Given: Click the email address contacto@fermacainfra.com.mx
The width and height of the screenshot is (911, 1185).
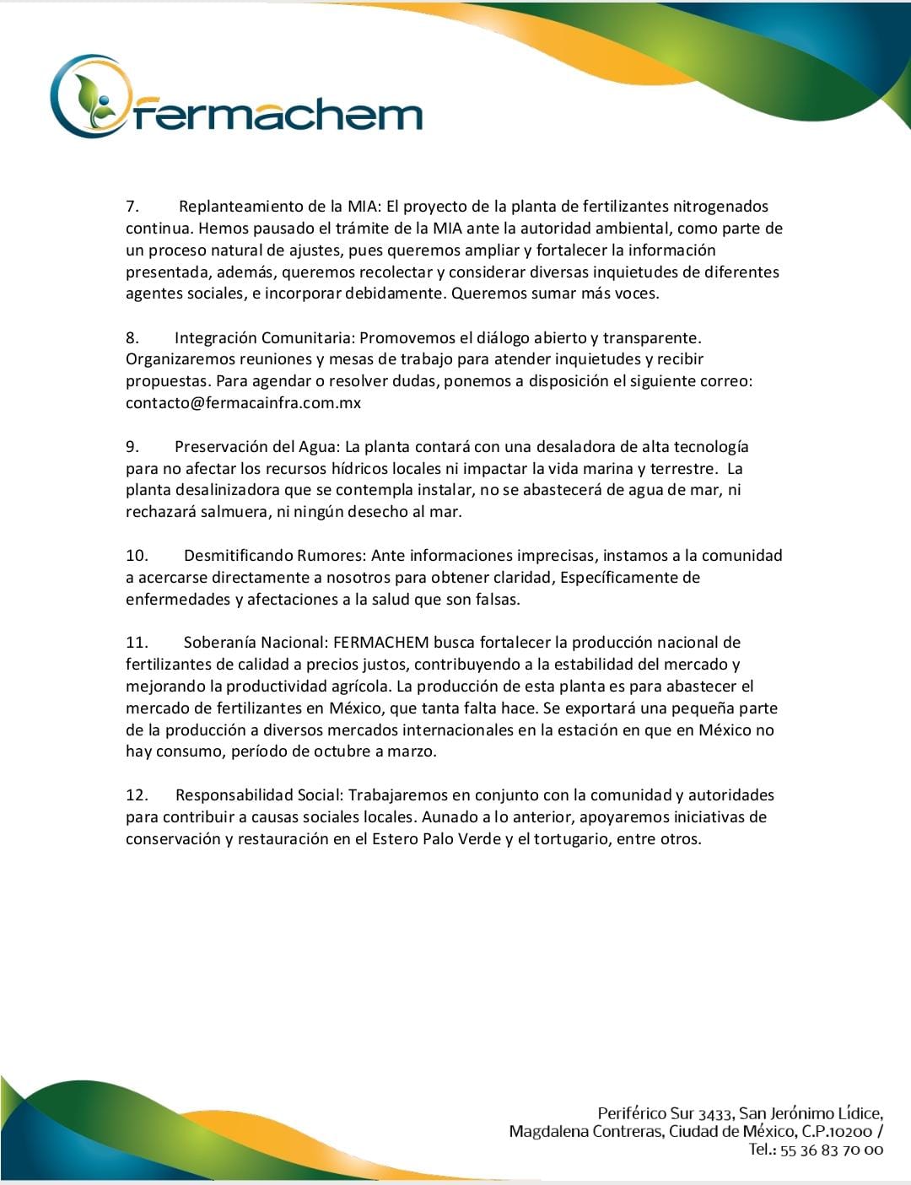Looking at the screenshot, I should tap(243, 403).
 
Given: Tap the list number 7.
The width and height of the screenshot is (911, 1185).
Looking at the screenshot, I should tap(132, 207).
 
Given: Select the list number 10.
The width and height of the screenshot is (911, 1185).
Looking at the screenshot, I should tap(137, 556).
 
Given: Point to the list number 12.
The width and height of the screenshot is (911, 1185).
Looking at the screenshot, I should tap(137, 795).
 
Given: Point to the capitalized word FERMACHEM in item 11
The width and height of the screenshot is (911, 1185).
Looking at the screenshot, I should tap(381, 643).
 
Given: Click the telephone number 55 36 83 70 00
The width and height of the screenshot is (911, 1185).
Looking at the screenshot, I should tap(831, 1150).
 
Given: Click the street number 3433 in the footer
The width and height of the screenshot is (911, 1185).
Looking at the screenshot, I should tap(715, 1113).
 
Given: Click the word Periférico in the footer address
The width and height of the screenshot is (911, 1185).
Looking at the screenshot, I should tap(633, 1113).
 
